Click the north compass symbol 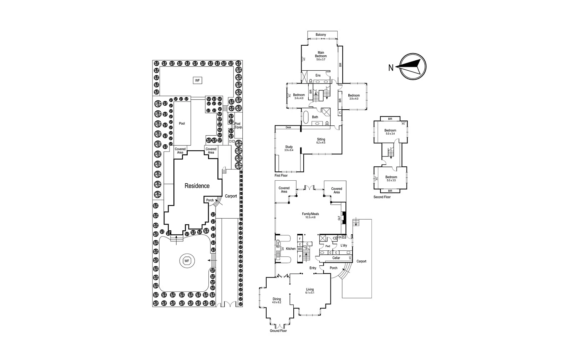[413, 66]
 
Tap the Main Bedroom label [320, 54]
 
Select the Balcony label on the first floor [321, 35]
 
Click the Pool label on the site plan [182, 124]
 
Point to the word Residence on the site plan [197, 186]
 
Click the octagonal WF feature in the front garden [186, 261]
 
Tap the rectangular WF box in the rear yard [197, 81]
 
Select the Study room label [289, 147]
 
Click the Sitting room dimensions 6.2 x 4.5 [321, 143]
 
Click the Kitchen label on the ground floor [291, 249]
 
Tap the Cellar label [336, 258]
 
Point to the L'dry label [344, 245]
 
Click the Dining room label [277, 299]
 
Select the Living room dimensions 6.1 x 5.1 [310, 293]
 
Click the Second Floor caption [382, 197]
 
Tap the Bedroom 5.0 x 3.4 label [390, 132]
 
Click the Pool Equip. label [237, 125]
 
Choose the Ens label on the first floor [318, 75]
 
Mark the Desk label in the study [288, 127]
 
